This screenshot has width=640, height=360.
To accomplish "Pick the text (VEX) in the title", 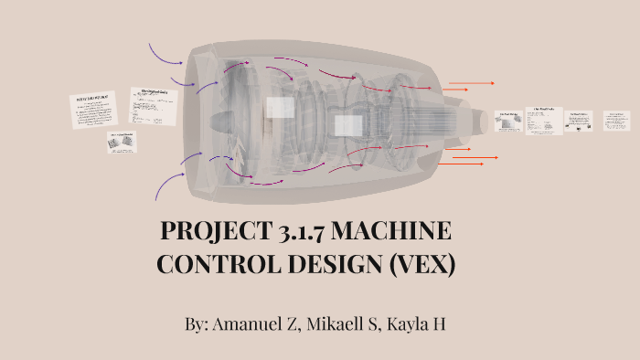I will [x=421, y=264].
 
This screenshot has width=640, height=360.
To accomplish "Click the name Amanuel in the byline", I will [x=251, y=325].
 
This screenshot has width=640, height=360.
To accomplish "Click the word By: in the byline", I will [x=197, y=325].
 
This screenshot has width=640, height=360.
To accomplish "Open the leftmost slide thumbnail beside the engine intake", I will [x=94, y=110].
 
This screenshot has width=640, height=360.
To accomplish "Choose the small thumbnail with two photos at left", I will [x=122, y=142].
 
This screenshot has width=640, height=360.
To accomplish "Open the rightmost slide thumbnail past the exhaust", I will [x=615, y=121].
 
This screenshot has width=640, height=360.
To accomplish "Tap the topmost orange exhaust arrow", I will [x=471, y=84].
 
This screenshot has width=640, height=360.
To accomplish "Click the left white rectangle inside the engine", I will [x=280, y=108].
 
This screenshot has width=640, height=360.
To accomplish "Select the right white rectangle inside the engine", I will [x=348, y=125].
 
